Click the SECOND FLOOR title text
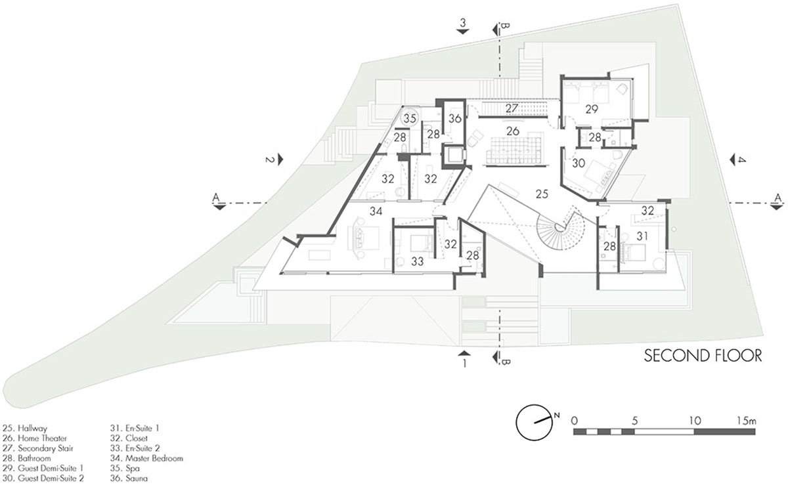702,356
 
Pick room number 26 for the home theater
513,131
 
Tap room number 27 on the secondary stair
512,108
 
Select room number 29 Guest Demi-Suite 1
592,109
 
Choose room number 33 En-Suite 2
417,261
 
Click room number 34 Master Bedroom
376,211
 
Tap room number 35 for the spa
410,119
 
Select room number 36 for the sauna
455,119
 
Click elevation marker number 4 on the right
741,160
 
